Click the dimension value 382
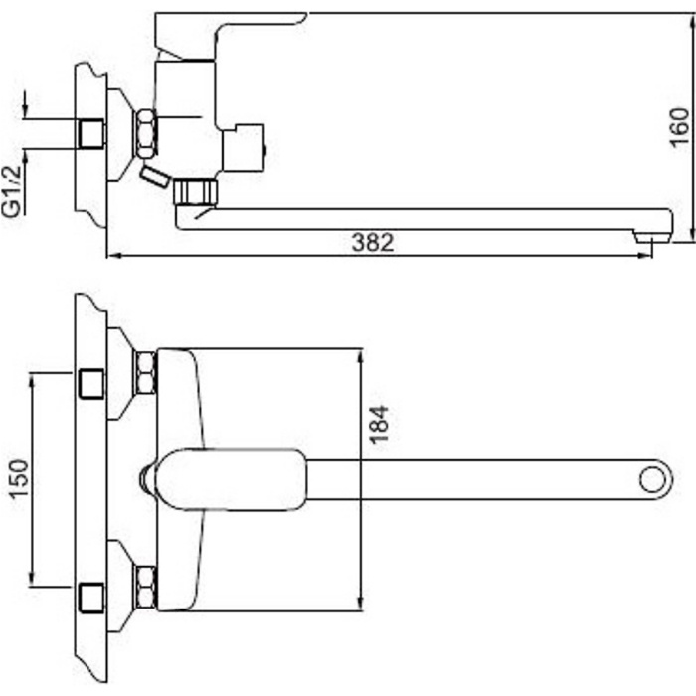[x=373, y=243]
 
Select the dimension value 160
[x=679, y=127]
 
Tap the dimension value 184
[x=379, y=425]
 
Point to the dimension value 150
[x=20, y=479]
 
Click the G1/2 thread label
[x=12, y=191]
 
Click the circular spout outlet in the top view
[x=653, y=480]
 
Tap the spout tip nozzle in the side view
[x=651, y=237]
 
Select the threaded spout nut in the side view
[x=195, y=191]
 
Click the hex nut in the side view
[x=146, y=133]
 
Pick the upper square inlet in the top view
[x=91, y=383]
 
